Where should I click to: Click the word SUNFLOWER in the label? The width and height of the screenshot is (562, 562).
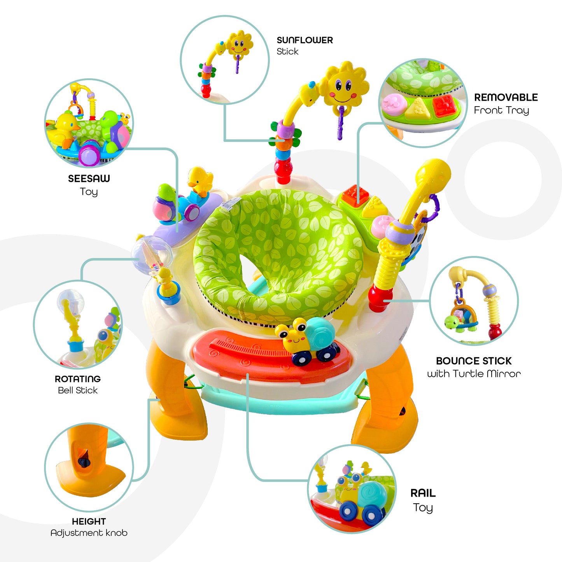click(x=305, y=40)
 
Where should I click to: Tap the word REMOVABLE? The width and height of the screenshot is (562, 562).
click(x=506, y=97)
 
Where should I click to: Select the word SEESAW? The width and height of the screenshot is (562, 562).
click(x=89, y=179)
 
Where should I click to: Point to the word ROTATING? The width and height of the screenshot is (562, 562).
click(x=77, y=379)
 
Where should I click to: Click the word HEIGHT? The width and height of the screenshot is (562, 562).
click(x=89, y=522)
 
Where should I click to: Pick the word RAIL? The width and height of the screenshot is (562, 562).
click(x=423, y=493)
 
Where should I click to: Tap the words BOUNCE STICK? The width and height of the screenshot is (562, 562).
click(x=473, y=361)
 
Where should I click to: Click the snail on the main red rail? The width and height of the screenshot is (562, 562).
click(x=307, y=338)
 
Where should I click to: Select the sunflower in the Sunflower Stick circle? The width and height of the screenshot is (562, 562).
click(x=239, y=44)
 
